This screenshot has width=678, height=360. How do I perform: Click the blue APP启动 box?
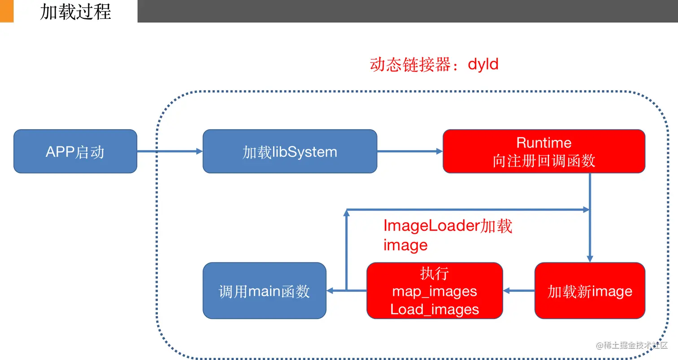(x=75, y=152)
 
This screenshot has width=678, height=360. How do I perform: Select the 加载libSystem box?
(x=290, y=152)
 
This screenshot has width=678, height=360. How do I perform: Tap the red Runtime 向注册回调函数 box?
(x=543, y=152)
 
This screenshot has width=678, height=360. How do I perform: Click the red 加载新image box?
(x=590, y=291)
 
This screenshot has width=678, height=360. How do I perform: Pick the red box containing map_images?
(x=434, y=291)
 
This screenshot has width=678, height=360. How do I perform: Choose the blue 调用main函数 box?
(x=264, y=291)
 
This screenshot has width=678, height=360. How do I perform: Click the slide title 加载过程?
(x=75, y=11)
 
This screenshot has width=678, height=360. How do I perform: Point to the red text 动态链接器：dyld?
(x=434, y=65)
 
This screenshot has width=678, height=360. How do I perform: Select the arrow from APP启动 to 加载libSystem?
(x=169, y=152)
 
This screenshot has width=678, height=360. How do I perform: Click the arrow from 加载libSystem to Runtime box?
(x=409, y=152)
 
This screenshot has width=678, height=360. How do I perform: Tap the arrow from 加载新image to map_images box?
(x=519, y=291)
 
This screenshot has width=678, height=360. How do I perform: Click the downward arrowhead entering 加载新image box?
(x=590, y=259)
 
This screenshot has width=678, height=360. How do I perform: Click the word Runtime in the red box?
(x=543, y=143)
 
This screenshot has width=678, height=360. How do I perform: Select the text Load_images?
(x=434, y=309)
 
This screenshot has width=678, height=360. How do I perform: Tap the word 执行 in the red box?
(x=434, y=273)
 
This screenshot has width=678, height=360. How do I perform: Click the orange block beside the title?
(x=7, y=11)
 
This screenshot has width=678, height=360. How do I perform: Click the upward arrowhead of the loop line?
(x=346, y=213)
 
